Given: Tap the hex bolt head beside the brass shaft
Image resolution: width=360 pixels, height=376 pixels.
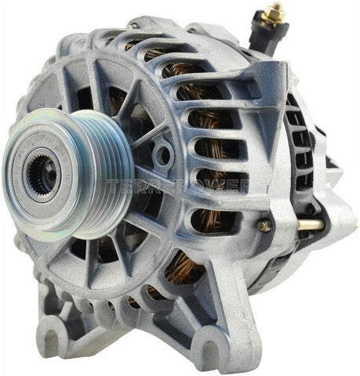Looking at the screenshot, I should point(265,226).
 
